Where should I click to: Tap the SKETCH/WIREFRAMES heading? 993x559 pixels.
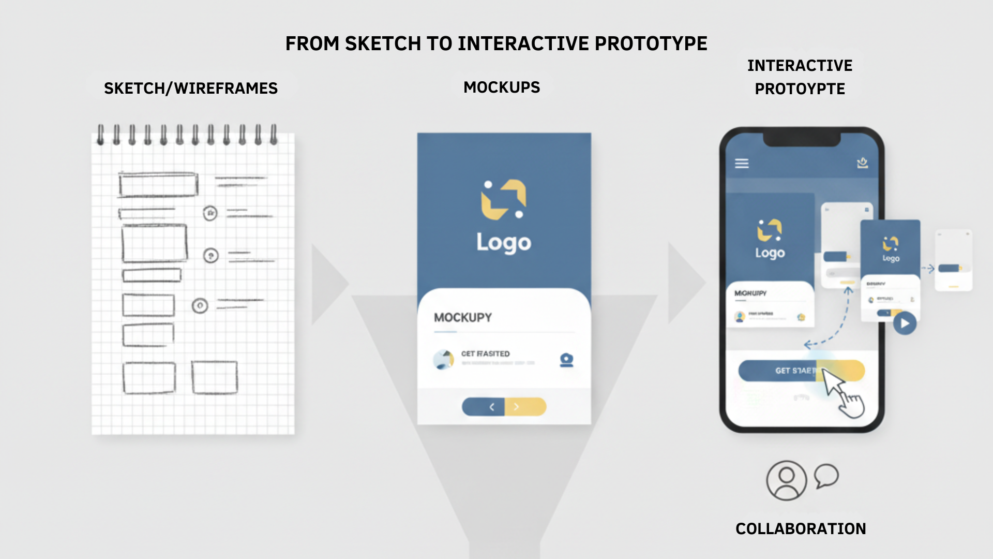tap(191, 89)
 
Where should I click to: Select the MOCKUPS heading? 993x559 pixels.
tap(502, 87)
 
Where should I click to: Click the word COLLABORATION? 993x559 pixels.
tap(801, 528)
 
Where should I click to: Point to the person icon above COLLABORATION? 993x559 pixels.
tap(786, 480)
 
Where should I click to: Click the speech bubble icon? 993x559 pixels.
tap(826, 475)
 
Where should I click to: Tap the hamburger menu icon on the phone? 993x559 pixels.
tap(742, 164)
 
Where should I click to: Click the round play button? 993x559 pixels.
tap(905, 323)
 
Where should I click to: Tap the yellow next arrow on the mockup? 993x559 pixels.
tap(525, 407)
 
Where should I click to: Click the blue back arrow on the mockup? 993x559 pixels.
tap(484, 407)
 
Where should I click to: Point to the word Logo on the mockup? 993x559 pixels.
tap(504, 243)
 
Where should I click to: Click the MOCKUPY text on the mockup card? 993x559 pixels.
tap(463, 318)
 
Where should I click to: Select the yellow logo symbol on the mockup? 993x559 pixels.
tap(503, 199)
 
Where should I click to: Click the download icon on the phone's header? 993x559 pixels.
tap(862, 163)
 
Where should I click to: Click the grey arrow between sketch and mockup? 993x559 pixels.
tap(328, 284)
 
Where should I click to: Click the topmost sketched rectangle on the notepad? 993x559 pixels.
tap(158, 185)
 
